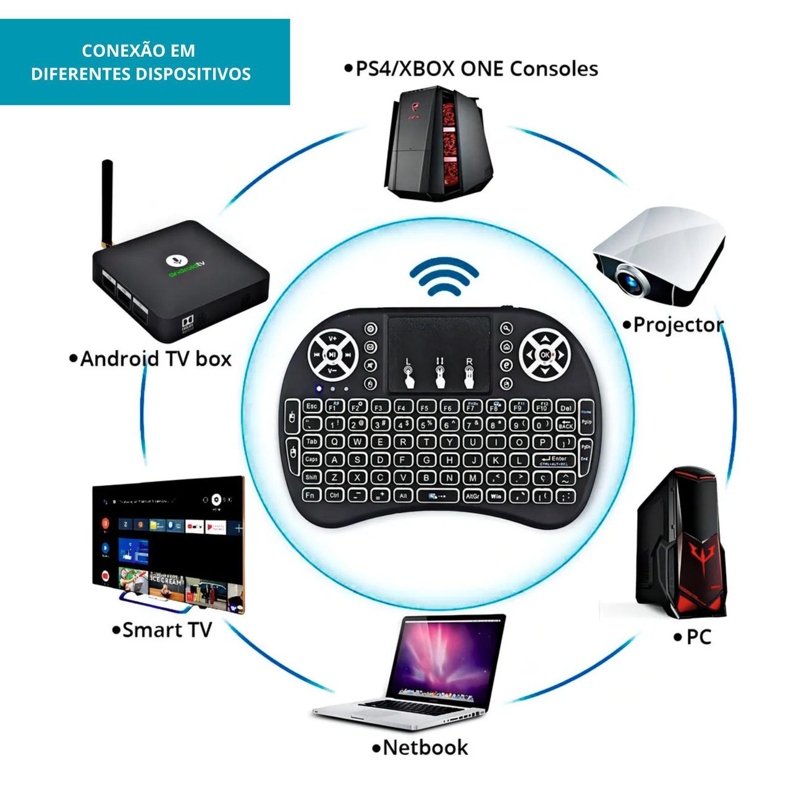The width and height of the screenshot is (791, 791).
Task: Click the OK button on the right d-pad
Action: pyautogui.click(x=544, y=355)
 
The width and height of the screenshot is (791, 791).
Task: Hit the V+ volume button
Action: pyautogui.click(x=332, y=338)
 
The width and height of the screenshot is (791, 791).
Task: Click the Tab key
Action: pyautogui.click(x=312, y=442)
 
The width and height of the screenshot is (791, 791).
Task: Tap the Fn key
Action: pyautogui.click(x=310, y=495)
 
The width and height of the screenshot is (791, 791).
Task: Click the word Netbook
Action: pyautogui.click(x=425, y=748)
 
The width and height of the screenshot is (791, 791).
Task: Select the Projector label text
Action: pyautogui.click(x=678, y=324)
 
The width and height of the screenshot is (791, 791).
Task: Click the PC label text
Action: pyautogui.click(x=699, y=637)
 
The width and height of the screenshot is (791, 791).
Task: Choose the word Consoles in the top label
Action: pyautogui.click(x=554, y=69)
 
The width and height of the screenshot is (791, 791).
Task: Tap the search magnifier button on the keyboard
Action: pyautogui.click(x=507, y=328)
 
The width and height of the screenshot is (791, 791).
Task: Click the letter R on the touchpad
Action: pyautogui.click(x=469, y=361)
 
